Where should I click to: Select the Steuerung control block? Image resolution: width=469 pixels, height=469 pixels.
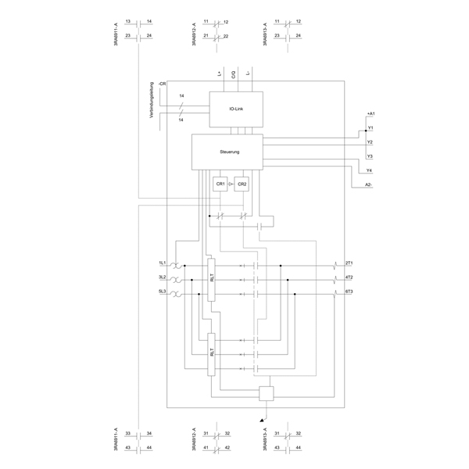[227, 150]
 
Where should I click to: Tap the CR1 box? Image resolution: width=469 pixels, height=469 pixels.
[220, 184]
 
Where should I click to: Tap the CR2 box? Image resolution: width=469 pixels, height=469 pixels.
[242, 184]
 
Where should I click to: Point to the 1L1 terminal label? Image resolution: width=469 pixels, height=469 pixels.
[163, 263]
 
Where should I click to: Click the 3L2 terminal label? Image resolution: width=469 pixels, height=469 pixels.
[163, 277]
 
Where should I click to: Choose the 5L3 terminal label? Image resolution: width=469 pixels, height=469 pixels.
[163, 292]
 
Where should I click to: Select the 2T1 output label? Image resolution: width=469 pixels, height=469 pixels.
[349, 263]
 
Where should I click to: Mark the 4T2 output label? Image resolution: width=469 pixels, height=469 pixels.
[349, 277]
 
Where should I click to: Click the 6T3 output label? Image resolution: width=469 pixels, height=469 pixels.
[349, 292]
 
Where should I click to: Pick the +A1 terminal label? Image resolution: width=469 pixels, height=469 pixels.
[371, 114]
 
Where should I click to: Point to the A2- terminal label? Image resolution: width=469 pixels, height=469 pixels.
[369, 184]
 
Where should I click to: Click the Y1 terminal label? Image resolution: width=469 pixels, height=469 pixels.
[370, 127]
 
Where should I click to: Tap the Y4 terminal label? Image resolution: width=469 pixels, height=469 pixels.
[370, 170]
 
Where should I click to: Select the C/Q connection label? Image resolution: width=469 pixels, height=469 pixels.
[234, 75]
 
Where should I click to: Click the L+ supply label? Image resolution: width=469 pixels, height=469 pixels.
[220, 75]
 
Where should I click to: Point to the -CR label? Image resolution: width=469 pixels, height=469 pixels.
[161, 83]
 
